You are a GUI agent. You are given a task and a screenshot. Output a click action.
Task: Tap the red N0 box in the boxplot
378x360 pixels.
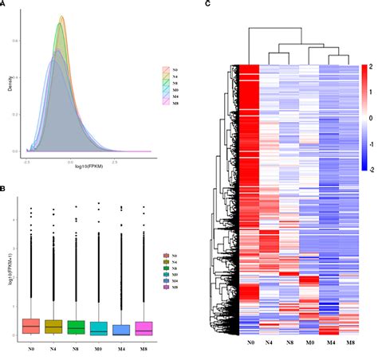(x=31, y=326)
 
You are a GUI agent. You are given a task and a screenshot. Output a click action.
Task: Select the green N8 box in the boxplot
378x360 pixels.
(x=76, y=327)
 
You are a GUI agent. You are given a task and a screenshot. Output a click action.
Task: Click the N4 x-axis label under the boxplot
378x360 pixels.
(x=53, y=347)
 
